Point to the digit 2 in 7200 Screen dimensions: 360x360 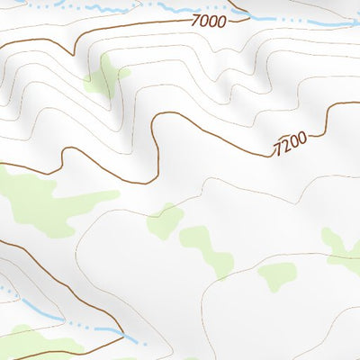click(x=287, y=142)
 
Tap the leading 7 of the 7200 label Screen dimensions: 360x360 click(x=278, y=146)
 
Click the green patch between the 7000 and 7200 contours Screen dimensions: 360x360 click(x=105, y=76)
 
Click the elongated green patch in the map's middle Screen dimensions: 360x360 click(x=207, y=247)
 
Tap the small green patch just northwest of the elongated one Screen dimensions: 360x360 click(x=164, y=220)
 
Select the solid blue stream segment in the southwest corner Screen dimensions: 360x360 click(x=36, y=310)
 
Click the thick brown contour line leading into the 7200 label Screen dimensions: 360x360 click(x=234, y=139)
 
